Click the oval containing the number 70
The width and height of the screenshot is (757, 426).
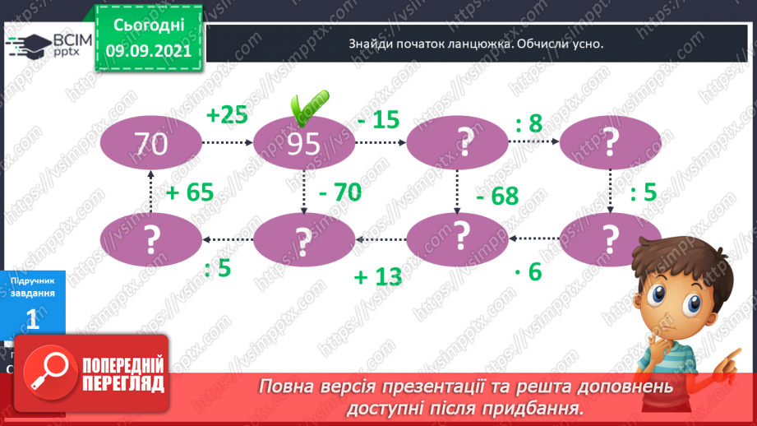point(152,144)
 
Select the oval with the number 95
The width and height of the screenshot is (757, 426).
point(304,144)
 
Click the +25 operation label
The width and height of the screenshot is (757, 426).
point(227,115)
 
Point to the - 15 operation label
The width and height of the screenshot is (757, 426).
point(378,120)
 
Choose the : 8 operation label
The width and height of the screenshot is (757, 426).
point(529,124)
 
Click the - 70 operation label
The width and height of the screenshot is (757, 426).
point(339,193)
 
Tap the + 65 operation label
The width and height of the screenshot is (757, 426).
point(190,193)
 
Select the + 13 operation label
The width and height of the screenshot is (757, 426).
point(378,276)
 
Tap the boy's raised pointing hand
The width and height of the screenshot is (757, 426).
point(732,359)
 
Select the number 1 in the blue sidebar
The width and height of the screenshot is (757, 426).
point(33,320)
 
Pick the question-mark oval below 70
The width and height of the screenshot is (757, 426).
point(152,240)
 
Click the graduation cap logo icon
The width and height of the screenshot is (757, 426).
point(28,46)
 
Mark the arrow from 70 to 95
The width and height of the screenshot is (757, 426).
point(228,143)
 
